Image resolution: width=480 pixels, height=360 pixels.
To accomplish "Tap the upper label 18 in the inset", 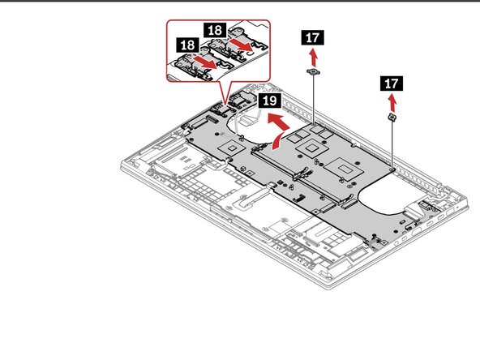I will tap(215, 30).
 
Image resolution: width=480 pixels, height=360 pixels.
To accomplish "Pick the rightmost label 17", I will tap(391, 83).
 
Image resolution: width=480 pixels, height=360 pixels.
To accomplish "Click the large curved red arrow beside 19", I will tap(277, 130).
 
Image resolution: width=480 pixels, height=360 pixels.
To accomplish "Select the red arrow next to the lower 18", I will tap(208, 62).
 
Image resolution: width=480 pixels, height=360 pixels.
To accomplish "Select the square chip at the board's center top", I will tap(310, 148).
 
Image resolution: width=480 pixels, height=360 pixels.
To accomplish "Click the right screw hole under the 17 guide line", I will tap(392, 171).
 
